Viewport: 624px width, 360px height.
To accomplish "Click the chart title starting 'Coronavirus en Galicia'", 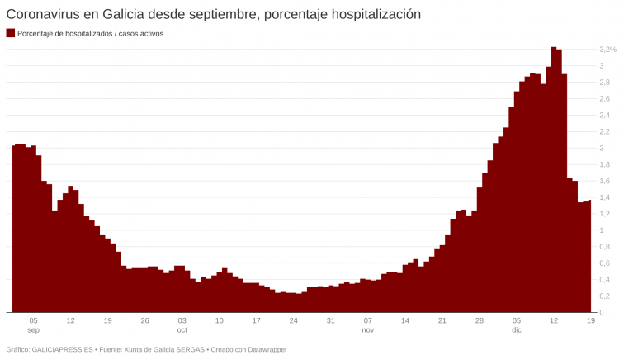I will click(x=213, y=14).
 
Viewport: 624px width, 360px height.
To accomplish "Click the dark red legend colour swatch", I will click(x=10, y=33).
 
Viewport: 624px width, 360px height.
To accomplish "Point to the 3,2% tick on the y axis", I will click(x=607, y=50).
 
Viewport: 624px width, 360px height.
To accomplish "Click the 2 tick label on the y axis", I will click(x=602, y=148).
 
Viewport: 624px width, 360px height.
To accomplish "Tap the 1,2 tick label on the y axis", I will click(x=605, y=197).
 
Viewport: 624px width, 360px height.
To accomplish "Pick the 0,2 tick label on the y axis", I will click(x=605, y=296).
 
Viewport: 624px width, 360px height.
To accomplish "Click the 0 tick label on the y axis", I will click(x=602, y=312).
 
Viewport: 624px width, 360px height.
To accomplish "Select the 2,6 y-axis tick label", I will click(x=605, y=99).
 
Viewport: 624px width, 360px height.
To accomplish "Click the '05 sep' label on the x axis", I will click(x=33, y=324).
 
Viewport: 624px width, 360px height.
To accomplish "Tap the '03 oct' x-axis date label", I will click(x=182, y=324).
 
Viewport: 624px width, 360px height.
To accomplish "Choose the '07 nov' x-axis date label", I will click(x=368, y=324).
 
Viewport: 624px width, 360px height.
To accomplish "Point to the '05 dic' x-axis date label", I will click(x=517, y=324).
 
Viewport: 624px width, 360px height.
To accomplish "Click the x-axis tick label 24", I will click(x=293, y=320).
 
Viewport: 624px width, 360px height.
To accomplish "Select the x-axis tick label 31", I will click(x=330, y=320).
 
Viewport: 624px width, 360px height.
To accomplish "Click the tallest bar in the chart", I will click(x=554, y=179).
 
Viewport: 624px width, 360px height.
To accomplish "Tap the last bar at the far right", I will click(x=589, y=256).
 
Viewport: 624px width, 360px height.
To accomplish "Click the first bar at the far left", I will click(x=14, y=229).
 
